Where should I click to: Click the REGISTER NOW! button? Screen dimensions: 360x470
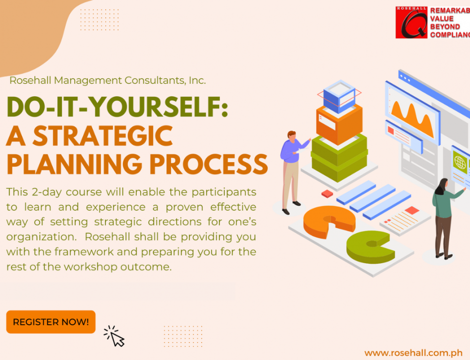coord(51,322)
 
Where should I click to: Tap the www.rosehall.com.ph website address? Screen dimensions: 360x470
coord(413,352)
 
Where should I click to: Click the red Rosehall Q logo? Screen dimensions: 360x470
coord(411,22)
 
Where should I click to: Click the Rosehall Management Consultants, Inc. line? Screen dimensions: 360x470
coord(108,80)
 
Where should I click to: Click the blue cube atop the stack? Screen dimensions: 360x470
coord(339,96)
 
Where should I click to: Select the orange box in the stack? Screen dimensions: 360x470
coord(339,124)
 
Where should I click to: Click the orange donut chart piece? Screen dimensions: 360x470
coord(325,220)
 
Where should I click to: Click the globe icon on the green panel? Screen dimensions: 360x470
coord(460,163)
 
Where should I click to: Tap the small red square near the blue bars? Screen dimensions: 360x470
coord(327,193)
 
